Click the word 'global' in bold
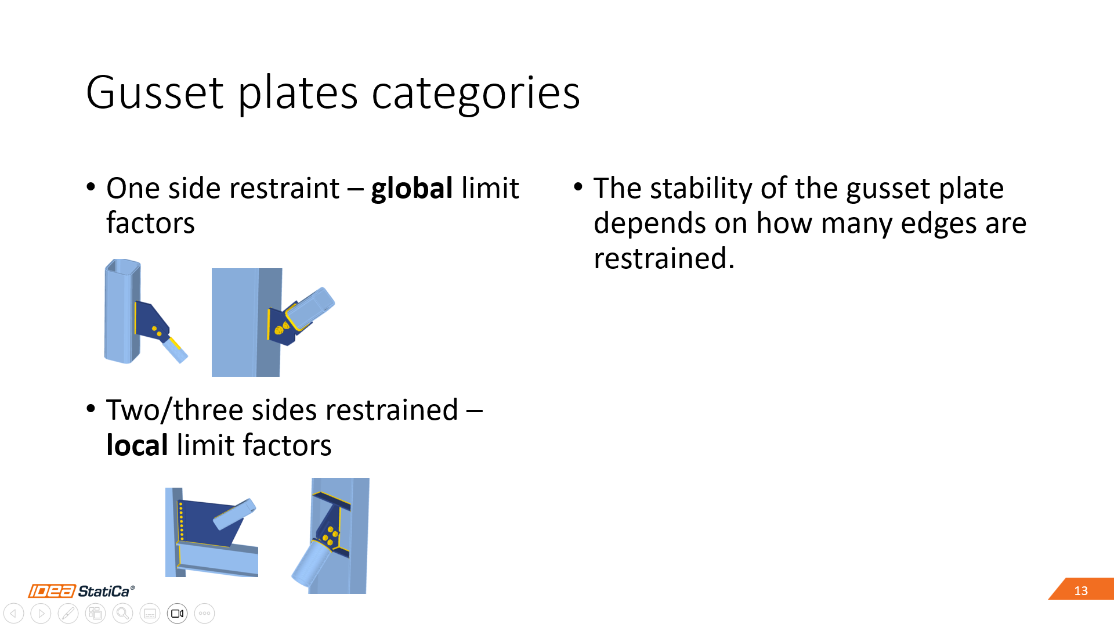click(x=412, y=189)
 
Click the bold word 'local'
click(x=138, y=445)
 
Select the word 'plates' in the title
click(x=298, y=94)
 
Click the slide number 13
click(x=1081, y=590)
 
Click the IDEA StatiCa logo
click(x=81, y=591)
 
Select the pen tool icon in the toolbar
click(x=68, y=613)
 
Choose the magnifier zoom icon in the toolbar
click(x=122, y=613)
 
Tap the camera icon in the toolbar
click(x=177, y=613)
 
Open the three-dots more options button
click(x=204, y=613)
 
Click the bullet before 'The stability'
click(x=578, y=187)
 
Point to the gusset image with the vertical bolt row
click(x=212, y=532)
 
